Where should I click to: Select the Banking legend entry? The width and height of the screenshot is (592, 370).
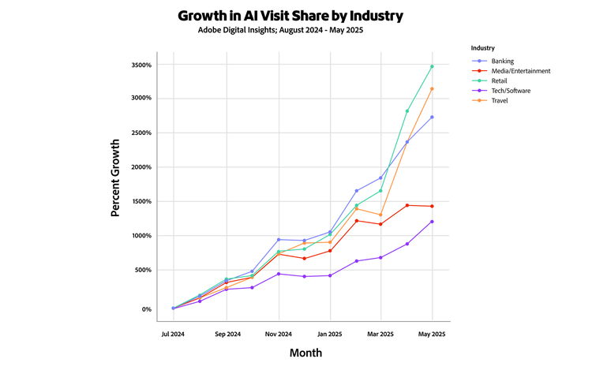502,61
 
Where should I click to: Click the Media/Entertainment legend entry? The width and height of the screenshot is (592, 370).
520,71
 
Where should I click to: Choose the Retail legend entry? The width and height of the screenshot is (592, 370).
500,81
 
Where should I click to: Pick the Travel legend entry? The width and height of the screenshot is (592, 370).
500,101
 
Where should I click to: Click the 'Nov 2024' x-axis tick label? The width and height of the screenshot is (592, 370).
278,334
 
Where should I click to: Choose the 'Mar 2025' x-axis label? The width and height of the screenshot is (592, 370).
380,334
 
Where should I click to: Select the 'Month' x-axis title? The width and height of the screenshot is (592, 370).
305,353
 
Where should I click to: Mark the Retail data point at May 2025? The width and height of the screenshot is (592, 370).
432,66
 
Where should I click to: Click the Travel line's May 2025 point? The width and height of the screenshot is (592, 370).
432,88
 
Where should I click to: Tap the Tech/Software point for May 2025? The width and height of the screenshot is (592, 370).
432,222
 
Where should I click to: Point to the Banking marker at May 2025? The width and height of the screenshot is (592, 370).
432,117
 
